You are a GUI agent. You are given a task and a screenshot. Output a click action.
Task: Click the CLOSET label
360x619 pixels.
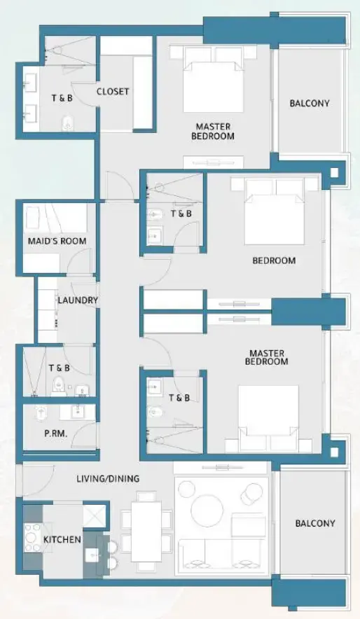tap(113, 92)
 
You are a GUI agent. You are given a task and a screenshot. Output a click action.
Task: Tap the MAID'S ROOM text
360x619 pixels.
tap(57, 242)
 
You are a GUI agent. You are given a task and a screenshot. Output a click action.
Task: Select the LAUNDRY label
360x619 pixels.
tap(78, 300)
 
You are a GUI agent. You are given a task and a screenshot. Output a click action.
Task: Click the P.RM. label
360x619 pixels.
tap(55, 433)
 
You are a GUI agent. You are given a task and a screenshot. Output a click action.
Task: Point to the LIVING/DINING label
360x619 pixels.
tap(108, 479)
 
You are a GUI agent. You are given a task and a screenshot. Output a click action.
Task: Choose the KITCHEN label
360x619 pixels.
tap(62, 540)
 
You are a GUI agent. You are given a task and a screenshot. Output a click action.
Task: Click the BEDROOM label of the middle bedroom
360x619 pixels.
tap(274, 260)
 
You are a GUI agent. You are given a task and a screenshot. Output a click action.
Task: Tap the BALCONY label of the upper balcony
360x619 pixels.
tap(310, 104)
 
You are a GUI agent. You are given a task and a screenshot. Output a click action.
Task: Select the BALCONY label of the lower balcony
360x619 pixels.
tap(314, 523)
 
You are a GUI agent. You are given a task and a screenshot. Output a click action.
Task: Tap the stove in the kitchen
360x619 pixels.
tap(32, 538)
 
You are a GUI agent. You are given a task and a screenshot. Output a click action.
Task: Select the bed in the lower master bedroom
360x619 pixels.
tap(268, 418)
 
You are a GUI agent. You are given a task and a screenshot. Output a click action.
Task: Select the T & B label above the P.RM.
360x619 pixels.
tap(59, 368)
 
